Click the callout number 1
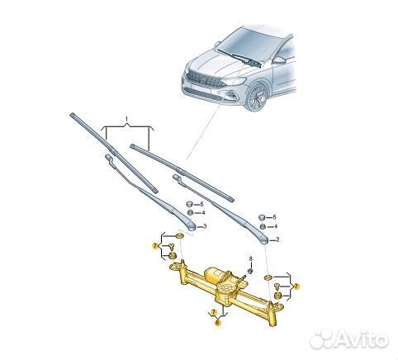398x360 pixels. click(126, 119)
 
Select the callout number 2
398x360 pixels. click(277, 239)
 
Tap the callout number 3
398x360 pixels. click(205, 226)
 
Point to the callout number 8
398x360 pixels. click(250, 258)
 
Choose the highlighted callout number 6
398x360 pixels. click(217, 323)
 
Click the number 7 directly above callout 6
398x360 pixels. click(213, 312)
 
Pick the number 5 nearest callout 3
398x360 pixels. click(201, 204)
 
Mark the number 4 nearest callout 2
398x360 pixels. click(276, 226)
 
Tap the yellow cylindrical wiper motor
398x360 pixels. click(214, 274)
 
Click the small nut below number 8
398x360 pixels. click(250, 271)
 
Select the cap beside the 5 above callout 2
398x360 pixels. click(262, 217)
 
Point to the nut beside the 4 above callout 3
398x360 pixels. click(190, 212)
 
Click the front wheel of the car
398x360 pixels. click(256, 97)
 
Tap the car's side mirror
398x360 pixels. click(279, 60)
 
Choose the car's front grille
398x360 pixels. click(205, 78)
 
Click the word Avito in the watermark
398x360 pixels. click(362, 340)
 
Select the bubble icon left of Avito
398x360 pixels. click(322, 339)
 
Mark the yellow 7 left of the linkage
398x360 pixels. click(155, 246)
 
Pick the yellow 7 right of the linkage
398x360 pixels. click(296, 287)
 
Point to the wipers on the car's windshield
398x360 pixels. click(239, 59)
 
